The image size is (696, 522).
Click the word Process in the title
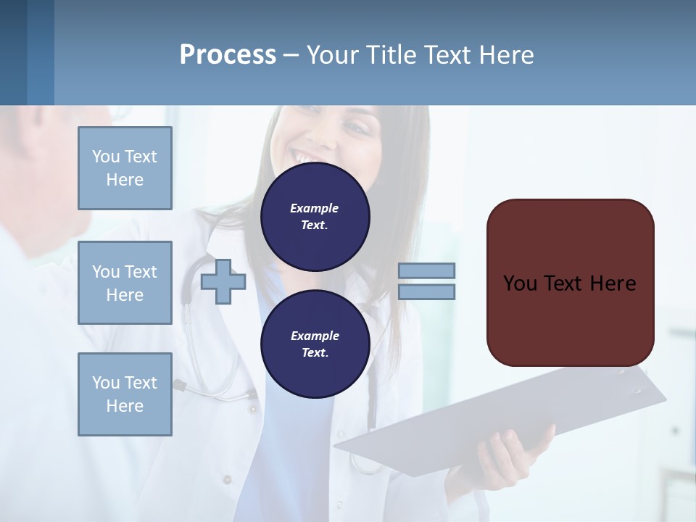click(228, 55)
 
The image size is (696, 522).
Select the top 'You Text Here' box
click(125, 168)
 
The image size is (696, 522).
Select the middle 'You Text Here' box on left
click(125, 283)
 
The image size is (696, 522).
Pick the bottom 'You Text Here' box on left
click(125, 394)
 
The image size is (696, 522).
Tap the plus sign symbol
click(223, 282)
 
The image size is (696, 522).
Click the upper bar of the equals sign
click(426, 270)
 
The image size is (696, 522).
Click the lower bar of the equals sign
click(426, 292)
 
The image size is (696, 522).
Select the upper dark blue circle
click(315, 216)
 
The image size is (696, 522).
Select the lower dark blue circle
click(315, 344)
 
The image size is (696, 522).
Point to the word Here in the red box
click(613, 283)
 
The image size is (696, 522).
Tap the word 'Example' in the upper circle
click(315, 208)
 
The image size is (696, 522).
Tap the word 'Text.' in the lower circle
click(315, 353)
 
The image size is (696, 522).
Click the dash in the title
click(291, 55)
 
